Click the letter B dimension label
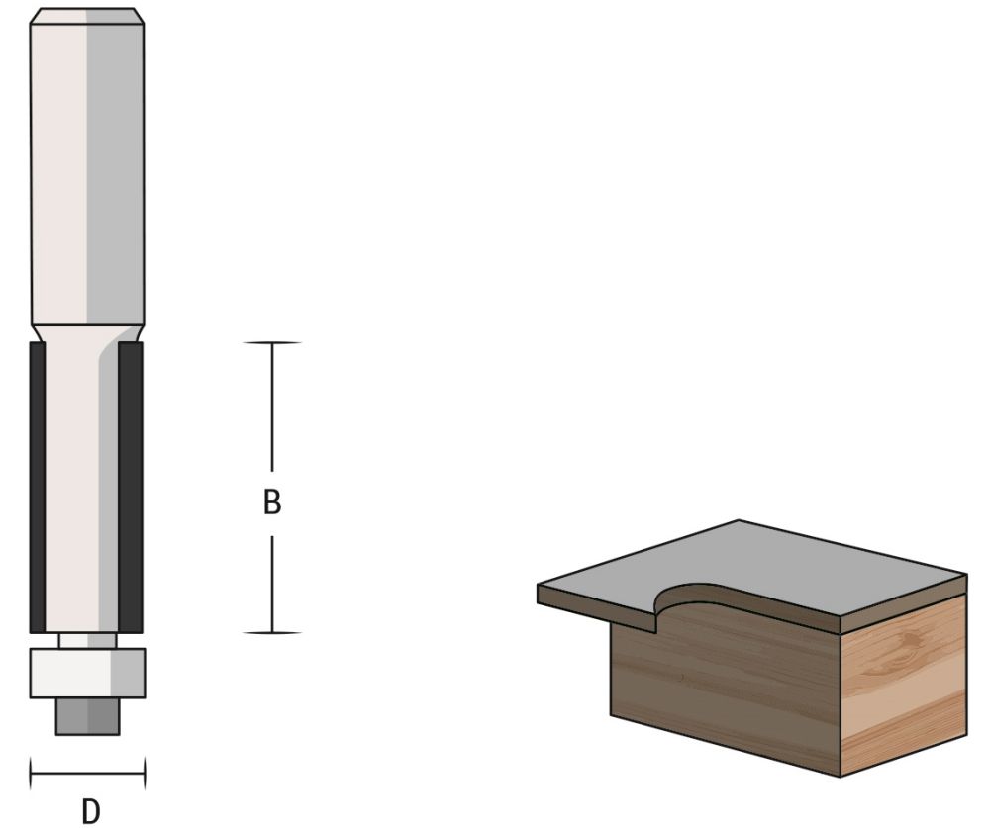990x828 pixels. tap(272, 503)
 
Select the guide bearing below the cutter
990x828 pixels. tap(87, 673)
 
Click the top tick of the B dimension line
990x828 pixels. tap(272, 343)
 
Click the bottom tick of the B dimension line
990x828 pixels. tap(272, 632)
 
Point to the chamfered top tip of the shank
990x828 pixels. tap(87, 15)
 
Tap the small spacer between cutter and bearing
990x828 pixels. tap(87, 640)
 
